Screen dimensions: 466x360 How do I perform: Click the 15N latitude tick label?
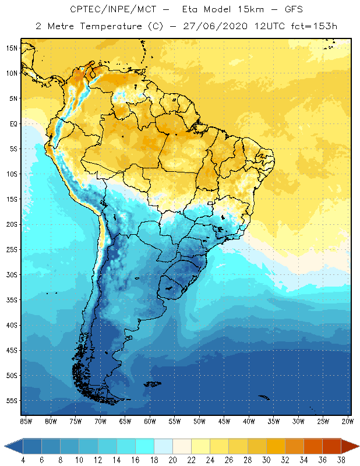(x=12, y=48)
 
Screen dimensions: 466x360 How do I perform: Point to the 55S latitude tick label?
(x=12, y=401)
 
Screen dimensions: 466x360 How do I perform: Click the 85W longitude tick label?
(x=26, y=421)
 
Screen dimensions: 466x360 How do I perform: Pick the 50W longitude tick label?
(x=199, y=421)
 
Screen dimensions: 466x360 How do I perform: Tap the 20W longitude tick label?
(x=348, y=421)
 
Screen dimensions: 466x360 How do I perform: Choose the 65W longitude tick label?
(x=125, y=421)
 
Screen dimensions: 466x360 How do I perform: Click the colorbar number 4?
(x=23, y=460)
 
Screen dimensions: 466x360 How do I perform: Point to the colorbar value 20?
(x=172, y=460)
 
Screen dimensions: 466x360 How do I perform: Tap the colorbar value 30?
(x=266, y=460)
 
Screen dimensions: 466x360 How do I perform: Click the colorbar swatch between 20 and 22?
(x=182, y=446)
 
